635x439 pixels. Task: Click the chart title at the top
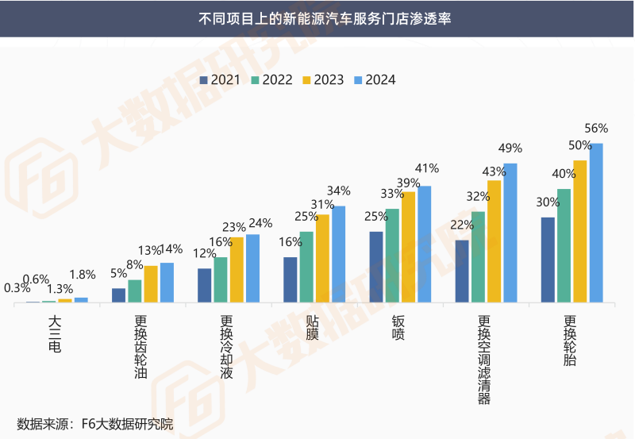(x=317, y=18)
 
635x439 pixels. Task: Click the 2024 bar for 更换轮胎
(x=596, y=223)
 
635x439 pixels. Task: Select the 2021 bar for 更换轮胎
(x=548, y=260)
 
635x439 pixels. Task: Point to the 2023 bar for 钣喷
(x=408, y=247)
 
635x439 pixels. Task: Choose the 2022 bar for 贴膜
(x=306, y=267)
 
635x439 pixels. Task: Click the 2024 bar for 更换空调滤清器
(x=510, y=233)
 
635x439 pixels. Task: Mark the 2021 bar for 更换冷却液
(x=204, y=285)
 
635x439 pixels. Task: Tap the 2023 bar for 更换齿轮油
(x=151, y=283)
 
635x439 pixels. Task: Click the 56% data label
(x=596, y=129)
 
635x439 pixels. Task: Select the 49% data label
(x=510, y=148)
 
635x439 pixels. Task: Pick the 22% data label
(x=462, y=225)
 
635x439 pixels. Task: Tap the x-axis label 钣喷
(x=398, y=329)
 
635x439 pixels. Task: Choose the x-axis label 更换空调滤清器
(x=484, y=360)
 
